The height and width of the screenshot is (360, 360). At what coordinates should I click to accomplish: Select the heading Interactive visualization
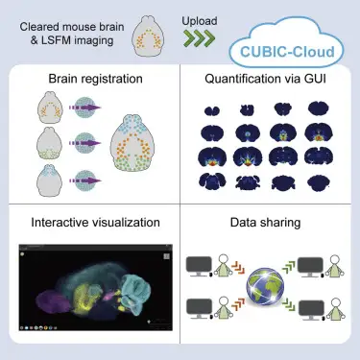[x=89, y=222]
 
